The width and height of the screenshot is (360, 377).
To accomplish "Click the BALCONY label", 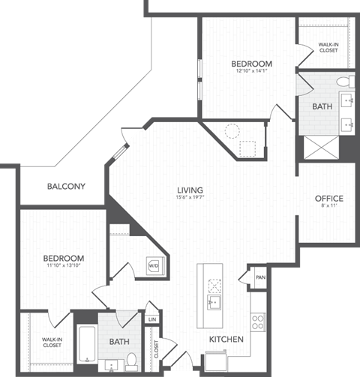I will pos(66,186).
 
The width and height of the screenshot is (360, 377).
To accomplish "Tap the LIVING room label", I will pos(190,190).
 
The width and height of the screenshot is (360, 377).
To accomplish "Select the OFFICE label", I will pos(328,199).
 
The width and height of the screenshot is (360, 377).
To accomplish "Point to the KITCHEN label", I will pos(226,340).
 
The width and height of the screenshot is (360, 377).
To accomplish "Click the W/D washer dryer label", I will pos(153,265).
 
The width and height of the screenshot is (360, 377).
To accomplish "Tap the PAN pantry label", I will pos(259,277).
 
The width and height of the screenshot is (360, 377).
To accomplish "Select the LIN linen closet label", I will pos(153,319).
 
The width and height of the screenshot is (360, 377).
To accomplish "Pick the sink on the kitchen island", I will pos(213,303).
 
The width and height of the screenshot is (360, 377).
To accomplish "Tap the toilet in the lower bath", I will pos(130,358).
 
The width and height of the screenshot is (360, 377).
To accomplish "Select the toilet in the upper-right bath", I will pos(342,81).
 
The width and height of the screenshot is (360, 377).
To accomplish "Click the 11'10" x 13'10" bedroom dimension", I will pos(63,268).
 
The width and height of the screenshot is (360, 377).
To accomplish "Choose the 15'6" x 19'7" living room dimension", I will pos(190,199).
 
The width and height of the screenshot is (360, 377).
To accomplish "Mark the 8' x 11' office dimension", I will pos(328,208).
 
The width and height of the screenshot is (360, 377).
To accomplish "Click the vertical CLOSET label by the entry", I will pos(157,350).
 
